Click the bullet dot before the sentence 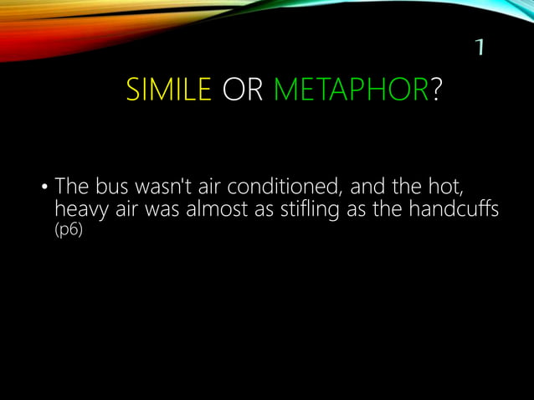coord(45,187)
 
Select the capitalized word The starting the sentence coord(72,186)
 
